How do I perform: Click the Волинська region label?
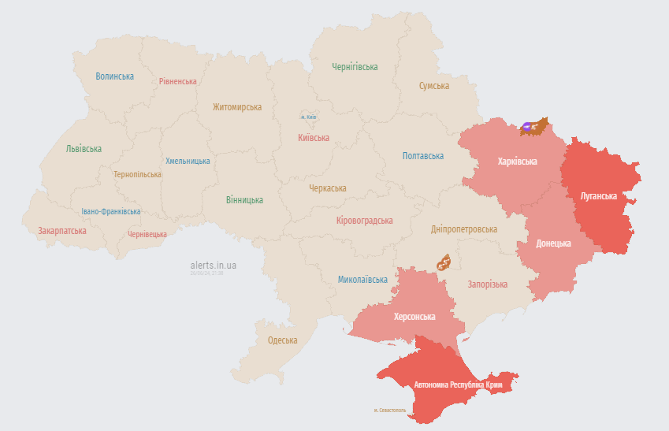[x=114, y=76]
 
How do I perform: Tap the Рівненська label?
[x=177, y=81]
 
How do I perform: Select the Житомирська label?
[x=237, y=107]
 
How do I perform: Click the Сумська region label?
[x=434, y=86]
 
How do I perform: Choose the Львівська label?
[x=84, y=148]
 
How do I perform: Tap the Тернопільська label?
[x=137, y=174]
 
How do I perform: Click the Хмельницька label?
[x=188, y=161]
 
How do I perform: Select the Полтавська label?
[x=423, y=156]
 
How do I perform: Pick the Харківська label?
[x=518, y=162]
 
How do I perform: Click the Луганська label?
[x=598, y=195]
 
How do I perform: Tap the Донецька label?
[x=553, y=243]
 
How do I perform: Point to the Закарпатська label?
[x=62, y=231]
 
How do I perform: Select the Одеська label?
[x=283, y=340]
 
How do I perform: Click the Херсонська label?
[x=414, y=316]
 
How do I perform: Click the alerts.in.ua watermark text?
[x=213, y=266]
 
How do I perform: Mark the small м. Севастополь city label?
[x=390, y=411]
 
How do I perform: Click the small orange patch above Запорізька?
[x=444, y=262]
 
